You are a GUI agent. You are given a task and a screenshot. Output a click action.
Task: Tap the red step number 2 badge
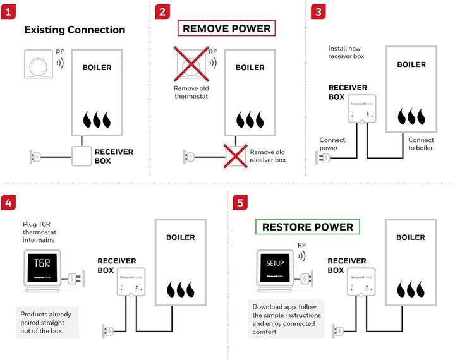[164, 12]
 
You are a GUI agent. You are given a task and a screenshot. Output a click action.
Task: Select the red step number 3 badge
[317, 12]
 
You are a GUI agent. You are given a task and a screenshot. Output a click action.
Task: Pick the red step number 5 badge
[240, 203]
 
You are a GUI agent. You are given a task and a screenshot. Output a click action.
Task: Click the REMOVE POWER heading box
[226, 28]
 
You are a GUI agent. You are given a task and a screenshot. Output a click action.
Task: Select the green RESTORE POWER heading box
[308, 227]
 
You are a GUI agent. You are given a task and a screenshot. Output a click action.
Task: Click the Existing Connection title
[75, 30]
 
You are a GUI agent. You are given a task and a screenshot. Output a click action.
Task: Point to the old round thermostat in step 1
[39, 64]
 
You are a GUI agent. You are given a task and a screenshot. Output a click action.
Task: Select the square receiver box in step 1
[82, 155]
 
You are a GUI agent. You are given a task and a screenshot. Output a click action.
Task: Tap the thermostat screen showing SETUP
[275, 263]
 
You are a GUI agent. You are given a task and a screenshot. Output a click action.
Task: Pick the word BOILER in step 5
[411, 237]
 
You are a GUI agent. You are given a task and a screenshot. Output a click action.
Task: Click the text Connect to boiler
[421, 144]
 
